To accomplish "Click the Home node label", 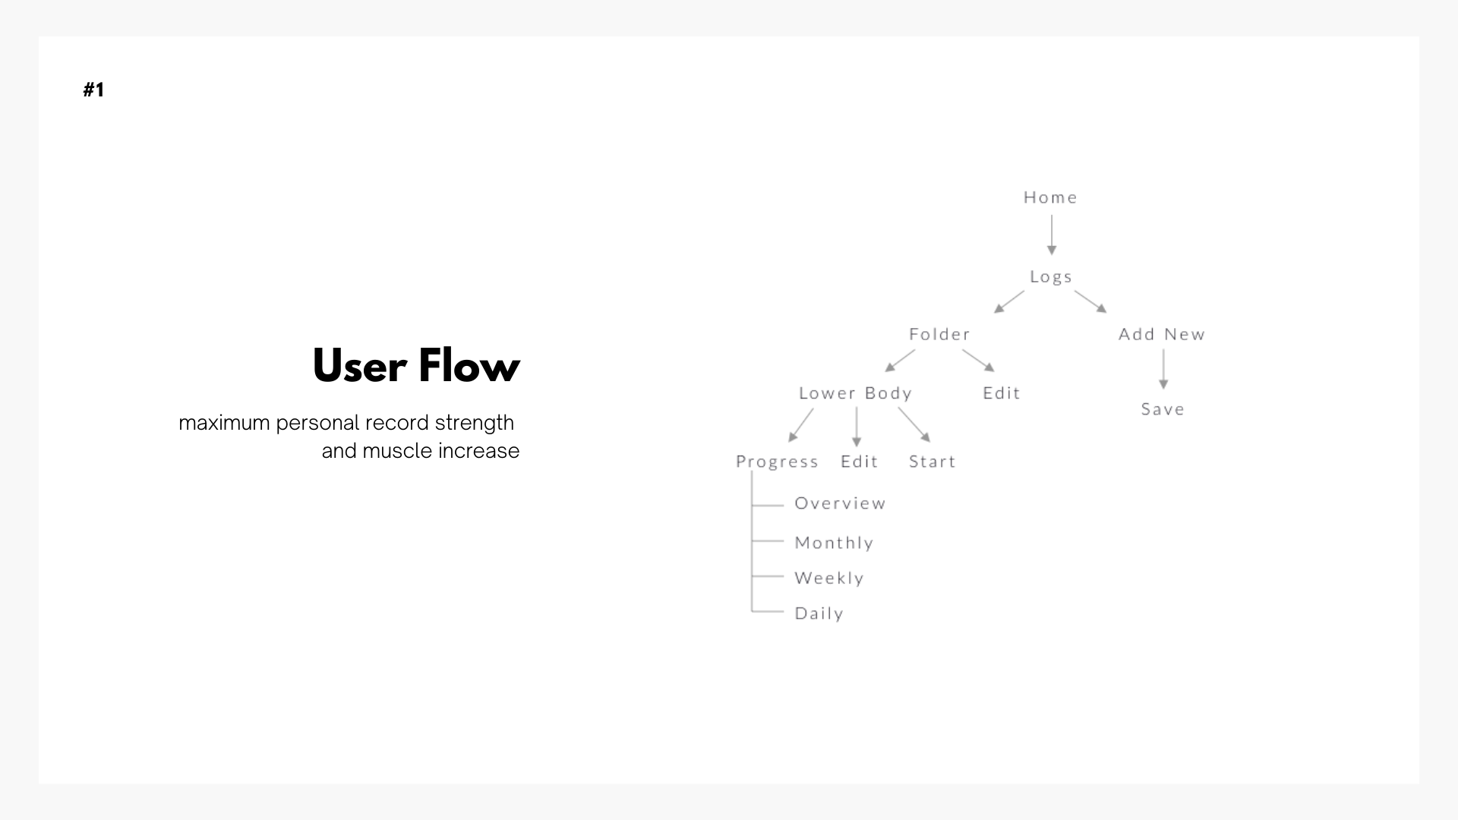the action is tap(1050, 197).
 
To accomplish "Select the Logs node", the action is tap(1051, 277).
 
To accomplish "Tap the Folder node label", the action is tap(939, 334).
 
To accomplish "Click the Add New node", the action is tap(1162, 334).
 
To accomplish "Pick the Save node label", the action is tap(1163, 409).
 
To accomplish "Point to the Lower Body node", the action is tap(855, 393).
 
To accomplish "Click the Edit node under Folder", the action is tap(1002, 393).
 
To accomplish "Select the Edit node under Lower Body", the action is tap(859, 462).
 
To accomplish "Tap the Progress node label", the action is tap(777, 462).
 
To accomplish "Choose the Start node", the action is tap(933, 462).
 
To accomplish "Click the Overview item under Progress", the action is tap(840, 503).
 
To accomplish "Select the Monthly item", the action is tap(834, 543).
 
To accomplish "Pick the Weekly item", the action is tap(829, 578).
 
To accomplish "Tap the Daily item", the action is tap(819, 613).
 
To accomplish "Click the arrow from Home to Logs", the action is tap(1052, 235).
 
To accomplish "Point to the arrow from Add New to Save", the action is tap(1163, 369).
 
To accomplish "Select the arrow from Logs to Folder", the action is tap(1009, 301).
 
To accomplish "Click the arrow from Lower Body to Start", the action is tap(914, 424).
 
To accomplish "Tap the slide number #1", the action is tap(93, 90).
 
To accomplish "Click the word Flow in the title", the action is tap(469, 366).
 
